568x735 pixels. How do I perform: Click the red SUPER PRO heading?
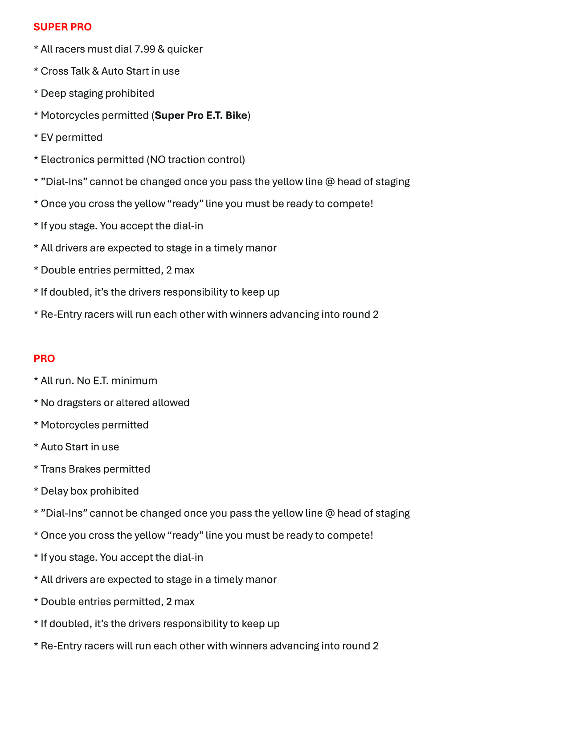tap(62, 27)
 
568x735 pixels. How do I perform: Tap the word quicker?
tap(185, 49)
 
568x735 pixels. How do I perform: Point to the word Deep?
tap(53, 94)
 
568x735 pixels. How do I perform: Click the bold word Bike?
tap(236, 115)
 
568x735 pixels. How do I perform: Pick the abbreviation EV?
tap(47, 138)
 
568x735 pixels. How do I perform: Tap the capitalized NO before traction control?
tap(158, 159)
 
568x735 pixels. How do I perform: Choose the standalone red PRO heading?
tap(44, 359)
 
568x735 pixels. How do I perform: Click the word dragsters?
tap(79, 403)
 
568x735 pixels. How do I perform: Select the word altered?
tap(132, 403)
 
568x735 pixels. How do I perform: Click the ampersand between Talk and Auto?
tap(95, 71)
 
